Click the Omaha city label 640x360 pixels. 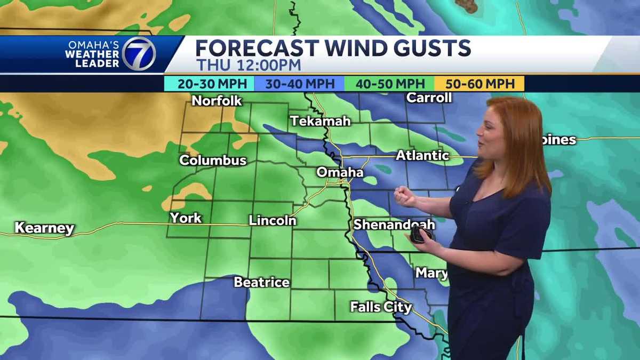pyautogui.click(x=340, y=172)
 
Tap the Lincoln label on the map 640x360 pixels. pyautogui.click(x=273, y=220)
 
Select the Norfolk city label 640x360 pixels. pyautogui.click(x=217, y=100)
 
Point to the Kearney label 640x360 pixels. pyautogui.click(x=44, y=228)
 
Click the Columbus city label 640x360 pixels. pyautogui.click(x=213, y=160)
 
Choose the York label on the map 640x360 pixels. pyautogui.click(x=186, y=218)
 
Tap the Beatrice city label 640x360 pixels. pyautogui.click(x=262, y=282)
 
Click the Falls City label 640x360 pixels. pyautogui.click(x=381, y=307)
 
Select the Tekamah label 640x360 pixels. pyautogui.click(x=321, y=121)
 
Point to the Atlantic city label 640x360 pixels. pyautogui.click(x=422, y=155)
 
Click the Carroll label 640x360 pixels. pyautogui.click(x=429, y=98)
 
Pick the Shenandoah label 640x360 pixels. pyautogui.click(x=394, y=225)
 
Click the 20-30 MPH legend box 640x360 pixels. pyautogui.click(x=209, y=84)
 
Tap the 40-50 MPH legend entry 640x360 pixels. pyautogui.click(x=389, y=84)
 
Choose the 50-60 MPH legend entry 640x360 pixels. pyautogui.click(x=479, y=84)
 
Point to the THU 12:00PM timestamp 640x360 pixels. pyautogui.click(x=248, y=65)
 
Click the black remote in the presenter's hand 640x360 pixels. pyautogui.click(x=421, y=235)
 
